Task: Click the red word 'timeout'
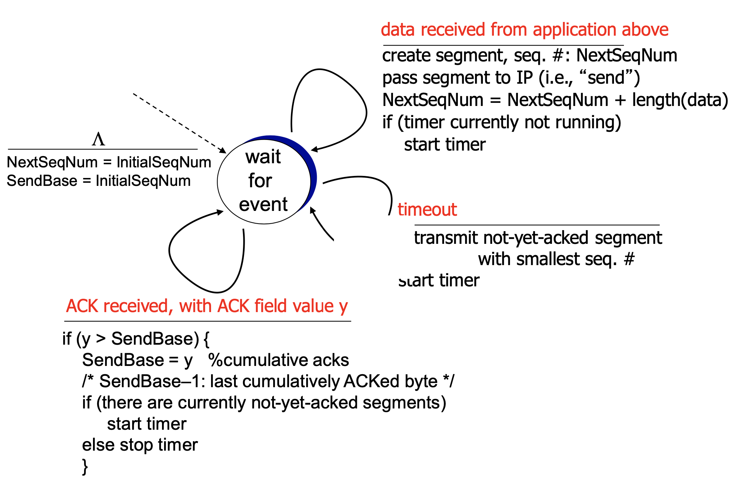click(427, 210)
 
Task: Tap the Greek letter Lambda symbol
click(98, 140)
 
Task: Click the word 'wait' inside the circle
click(263, 157)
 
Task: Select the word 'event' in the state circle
click(263, 204)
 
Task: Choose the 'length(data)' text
click(680, 100)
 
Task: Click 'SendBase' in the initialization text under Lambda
click(42, 181)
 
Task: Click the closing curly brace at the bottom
click(85, 467)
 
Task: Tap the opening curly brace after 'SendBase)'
click(206, 339)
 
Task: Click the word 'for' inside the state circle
click(260, 181)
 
